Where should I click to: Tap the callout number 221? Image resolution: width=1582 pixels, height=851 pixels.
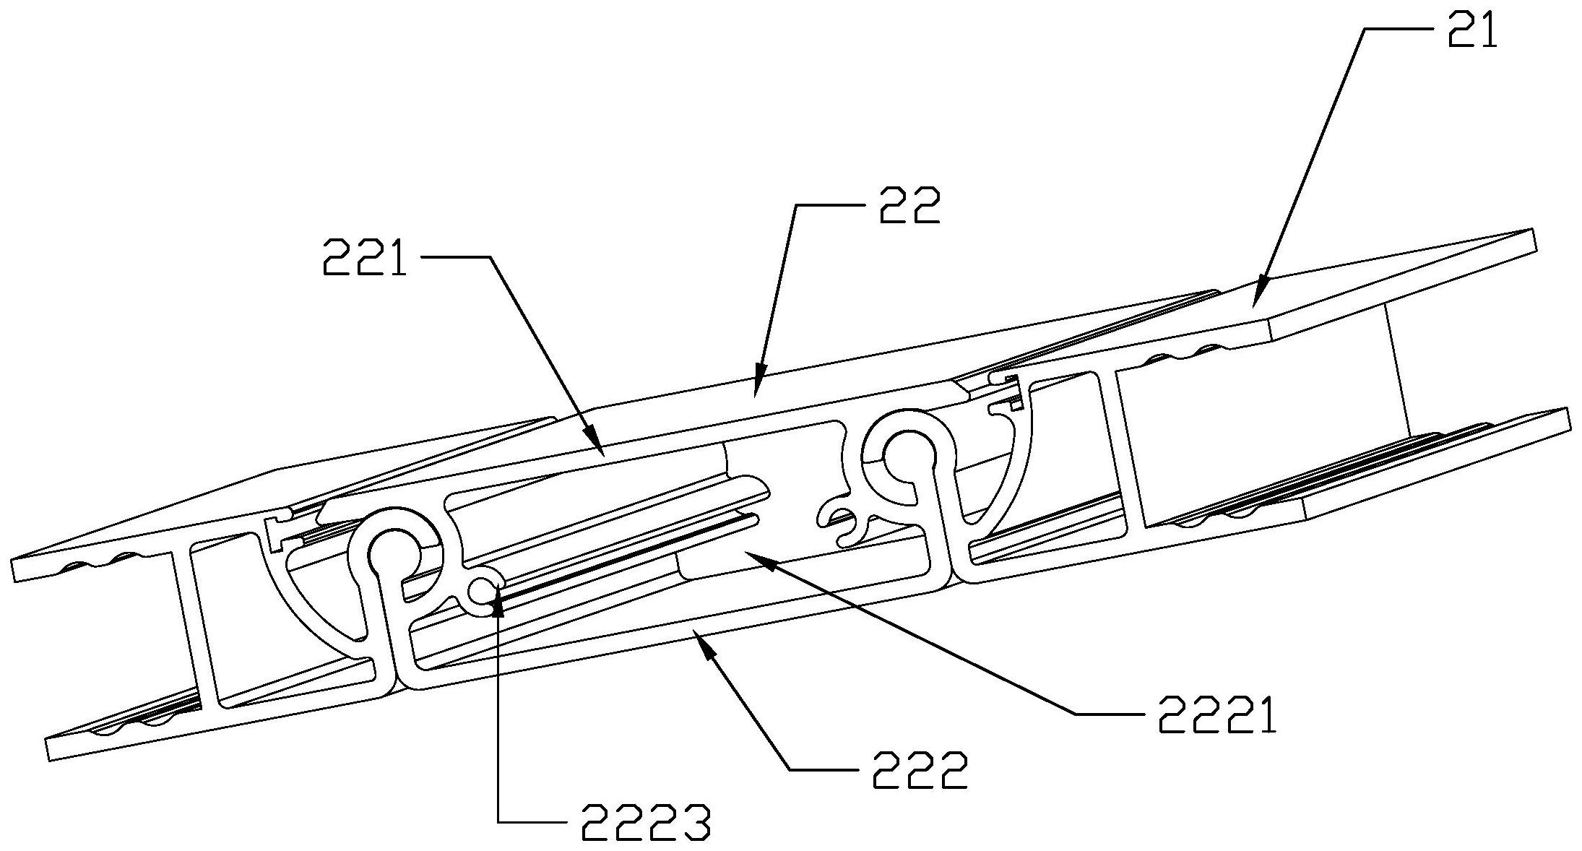click(366, 257)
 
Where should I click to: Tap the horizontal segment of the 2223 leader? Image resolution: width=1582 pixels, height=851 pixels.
click(534, 821)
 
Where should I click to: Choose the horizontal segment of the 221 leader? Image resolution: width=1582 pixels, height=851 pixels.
click(454, 256)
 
